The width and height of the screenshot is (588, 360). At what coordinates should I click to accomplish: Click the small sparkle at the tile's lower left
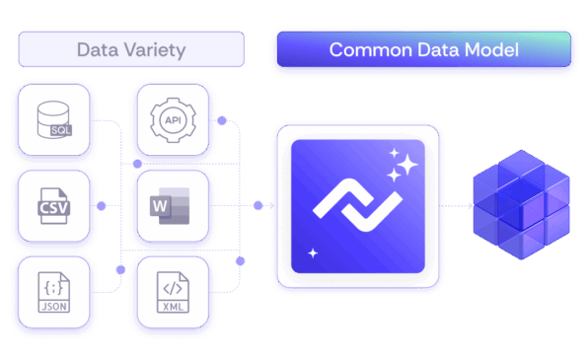pyautogui.click(x=314, y=253)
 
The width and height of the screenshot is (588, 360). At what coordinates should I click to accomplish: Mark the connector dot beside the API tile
pyautogui.click(x=223, y=121)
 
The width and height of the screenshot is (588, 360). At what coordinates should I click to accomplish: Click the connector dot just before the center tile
pyautogui.click(x=258, y=206)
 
